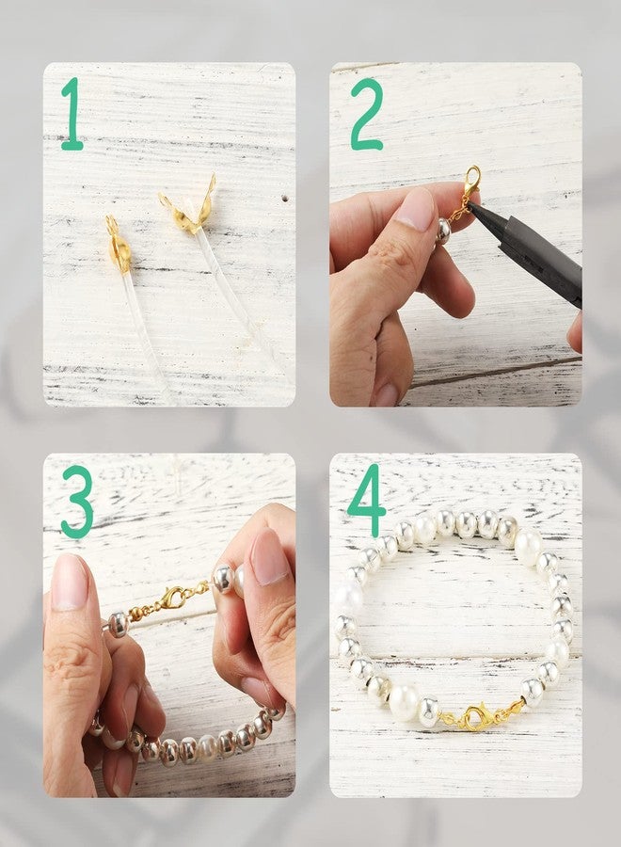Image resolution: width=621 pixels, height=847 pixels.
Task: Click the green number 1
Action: coord(72,115)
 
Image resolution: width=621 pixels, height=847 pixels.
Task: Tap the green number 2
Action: coord(366,115)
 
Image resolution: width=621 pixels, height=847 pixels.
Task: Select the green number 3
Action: coord(77,502)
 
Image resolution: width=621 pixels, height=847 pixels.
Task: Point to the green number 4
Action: coord(367,501)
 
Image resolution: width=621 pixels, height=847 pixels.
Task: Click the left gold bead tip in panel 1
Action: coord(118,248)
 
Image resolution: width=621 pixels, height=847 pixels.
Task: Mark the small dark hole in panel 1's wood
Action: coord(283,200)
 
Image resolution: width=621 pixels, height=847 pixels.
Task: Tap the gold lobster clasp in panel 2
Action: coord(470,181)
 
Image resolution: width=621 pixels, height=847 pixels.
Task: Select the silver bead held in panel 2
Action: coord(442,231)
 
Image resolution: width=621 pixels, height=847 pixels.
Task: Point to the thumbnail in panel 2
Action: coord(416,209)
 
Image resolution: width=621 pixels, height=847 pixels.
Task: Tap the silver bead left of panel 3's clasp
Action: coord(117,623)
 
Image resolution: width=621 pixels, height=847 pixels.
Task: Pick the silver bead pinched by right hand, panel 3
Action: coord(224,579)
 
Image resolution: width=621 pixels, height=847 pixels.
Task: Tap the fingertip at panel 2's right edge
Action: coord(575,332)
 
